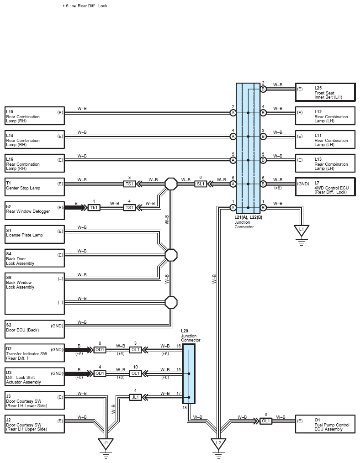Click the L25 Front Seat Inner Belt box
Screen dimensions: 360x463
(x=325, y=92)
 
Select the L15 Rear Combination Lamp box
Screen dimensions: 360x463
(x=35, y=116)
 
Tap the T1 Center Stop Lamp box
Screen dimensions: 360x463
(x=35, y=187)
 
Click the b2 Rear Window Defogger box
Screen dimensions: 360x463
(x=35, y=210)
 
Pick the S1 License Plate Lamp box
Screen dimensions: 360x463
(x=35, y=234)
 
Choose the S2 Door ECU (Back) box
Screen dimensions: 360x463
(x=35, y=329)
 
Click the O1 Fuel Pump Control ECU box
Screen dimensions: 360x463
(x=325, y=424)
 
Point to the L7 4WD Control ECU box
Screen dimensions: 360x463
(x=325, y=187)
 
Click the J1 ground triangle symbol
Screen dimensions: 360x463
(x=106, y=443)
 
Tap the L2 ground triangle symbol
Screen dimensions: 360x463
(x=218, y=443)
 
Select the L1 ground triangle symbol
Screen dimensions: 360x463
(x=301, y=230)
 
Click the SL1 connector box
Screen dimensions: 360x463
(x=201, y=184)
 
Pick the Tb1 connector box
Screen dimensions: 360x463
(x=94, y=208)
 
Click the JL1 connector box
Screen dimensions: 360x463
(x=135, y=397)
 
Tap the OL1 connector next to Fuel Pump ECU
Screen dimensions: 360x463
(x=266, y=421)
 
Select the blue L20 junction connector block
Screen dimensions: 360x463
(x=189, y=374)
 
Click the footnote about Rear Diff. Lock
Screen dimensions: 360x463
(x=85, y=5)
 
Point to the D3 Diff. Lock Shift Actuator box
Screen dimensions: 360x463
(x=35, y=377)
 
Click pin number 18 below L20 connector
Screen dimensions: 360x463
(x=185, y=407)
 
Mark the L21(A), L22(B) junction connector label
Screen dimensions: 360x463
(x=249, y=217)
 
